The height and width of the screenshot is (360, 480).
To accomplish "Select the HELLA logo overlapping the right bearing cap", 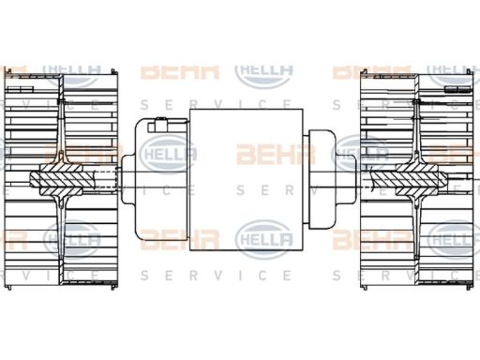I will click(362, 153).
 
